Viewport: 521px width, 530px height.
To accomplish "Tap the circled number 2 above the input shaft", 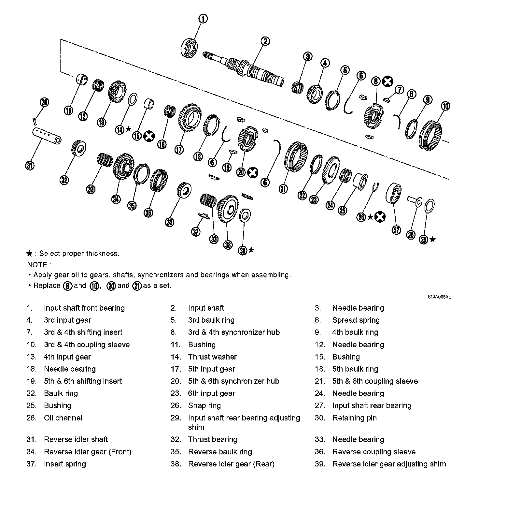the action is pos(265,41).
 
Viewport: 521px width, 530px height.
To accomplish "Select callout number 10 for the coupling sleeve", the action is pos(445,106).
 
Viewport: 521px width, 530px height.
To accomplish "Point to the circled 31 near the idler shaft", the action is pos(30,166).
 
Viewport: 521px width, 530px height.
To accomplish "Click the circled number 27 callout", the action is pos(396,230).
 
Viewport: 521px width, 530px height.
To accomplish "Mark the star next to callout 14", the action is pos(129,129).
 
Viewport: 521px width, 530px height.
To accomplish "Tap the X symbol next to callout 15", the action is pos(149,136).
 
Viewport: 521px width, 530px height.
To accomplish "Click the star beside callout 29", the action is pos(432,240).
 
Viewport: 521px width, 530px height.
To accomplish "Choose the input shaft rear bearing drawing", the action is pos(393,194).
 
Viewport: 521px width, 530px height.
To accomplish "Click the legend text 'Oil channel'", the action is pos(63,418).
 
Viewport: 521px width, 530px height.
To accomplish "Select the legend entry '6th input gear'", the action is pos(211,393).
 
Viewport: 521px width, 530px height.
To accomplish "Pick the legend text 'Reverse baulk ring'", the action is pos(220,452).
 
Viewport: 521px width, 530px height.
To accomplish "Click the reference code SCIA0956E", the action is pos(439,297).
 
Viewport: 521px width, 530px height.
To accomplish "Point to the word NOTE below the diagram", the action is pos(37,265).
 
